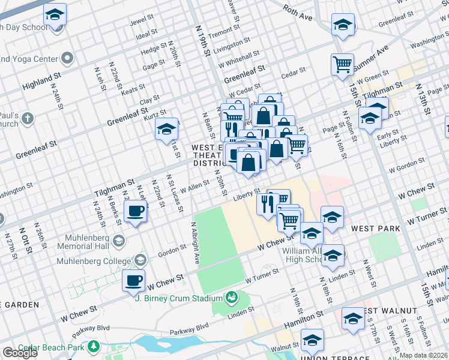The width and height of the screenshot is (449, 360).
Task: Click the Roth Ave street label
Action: (298, 13)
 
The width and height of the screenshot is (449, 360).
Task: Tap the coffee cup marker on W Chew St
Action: (133, 280)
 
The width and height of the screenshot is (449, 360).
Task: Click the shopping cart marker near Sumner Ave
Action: (342, 64)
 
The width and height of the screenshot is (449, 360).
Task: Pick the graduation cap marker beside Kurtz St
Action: (166, 129)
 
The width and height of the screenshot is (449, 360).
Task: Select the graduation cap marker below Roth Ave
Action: (343, 25)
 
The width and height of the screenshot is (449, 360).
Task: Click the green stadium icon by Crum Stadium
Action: (231, 297)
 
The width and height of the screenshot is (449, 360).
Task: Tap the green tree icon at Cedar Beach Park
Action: (93, 347)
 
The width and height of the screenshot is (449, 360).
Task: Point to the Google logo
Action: (20, 353)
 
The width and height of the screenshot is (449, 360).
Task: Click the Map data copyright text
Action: (423, 355)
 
